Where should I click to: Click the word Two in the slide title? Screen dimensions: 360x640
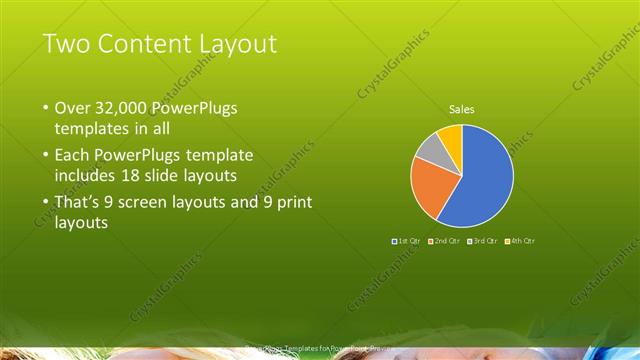coord(67,44)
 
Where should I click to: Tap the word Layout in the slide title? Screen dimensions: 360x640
coord(240,44)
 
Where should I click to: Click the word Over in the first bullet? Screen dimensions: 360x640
coord(72,108)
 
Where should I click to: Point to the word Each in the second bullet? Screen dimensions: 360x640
coord(71,156)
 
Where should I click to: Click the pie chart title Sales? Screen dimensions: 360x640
coord(461,109)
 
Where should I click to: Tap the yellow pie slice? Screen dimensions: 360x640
coord(451,135)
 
